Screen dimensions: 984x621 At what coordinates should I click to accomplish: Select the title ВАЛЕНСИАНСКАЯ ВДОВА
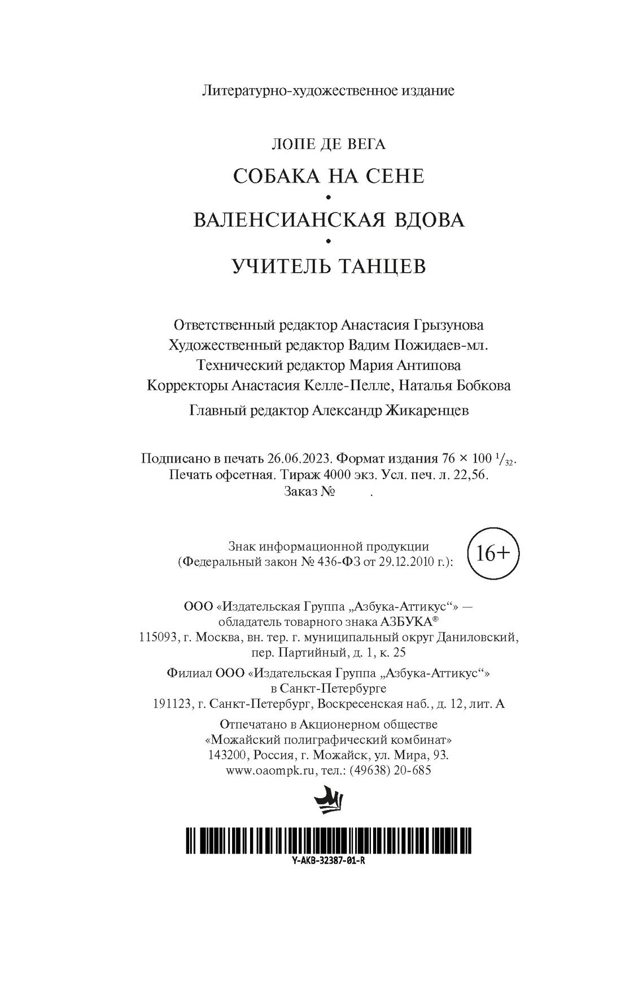(x=329, y=220)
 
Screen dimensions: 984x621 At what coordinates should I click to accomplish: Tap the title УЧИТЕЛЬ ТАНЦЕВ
(x=329, y=265)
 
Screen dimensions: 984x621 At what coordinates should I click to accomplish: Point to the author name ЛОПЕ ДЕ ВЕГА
(x=329, y=145)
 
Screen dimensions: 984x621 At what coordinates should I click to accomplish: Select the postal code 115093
(x=155, y=638)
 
